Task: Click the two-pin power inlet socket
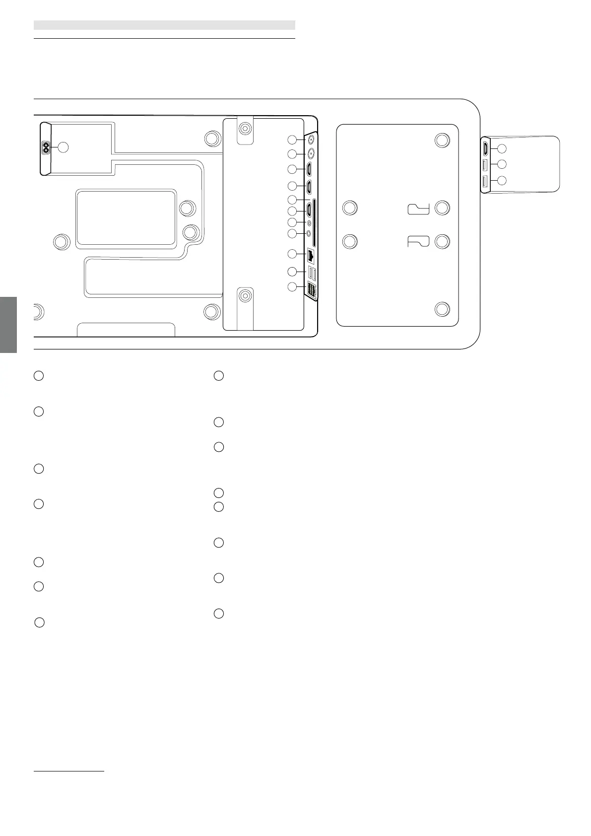(47, 147)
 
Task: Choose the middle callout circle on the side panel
(502, 164)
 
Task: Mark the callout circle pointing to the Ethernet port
(293, 254)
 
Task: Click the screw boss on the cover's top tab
(245, 129)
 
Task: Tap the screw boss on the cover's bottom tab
(245, 296)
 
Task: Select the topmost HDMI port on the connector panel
(309, 169)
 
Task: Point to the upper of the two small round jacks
(309, 222)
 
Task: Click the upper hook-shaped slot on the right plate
(418, 209)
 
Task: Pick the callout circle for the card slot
(293, 200)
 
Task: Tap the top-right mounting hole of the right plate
(442, 140)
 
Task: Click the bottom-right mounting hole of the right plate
(442, 309)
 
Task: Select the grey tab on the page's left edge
(8, 325)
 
